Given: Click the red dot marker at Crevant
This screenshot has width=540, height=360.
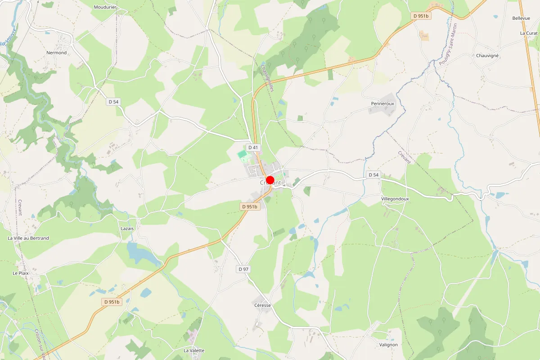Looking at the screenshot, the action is coord(270,180).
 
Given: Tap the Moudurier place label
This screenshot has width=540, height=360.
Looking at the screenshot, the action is coord(105,7).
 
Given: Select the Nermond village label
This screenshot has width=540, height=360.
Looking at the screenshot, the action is coord(57,53).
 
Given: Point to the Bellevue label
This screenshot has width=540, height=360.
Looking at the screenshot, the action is coord(521,18).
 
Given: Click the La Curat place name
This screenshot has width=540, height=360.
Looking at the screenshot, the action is coord(529,33).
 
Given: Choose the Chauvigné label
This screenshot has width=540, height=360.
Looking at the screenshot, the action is coord(487,56).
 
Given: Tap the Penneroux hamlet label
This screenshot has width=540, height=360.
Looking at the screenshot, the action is coord(382,103).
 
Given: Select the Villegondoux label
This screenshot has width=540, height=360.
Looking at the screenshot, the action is coord(395,198).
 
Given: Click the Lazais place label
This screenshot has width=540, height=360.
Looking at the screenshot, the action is coord(127,229).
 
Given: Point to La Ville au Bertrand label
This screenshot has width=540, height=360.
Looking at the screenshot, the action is coord(28,238).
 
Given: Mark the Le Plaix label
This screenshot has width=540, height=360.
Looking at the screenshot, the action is coord(21,273).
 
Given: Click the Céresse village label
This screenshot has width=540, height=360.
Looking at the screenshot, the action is coord(262,306).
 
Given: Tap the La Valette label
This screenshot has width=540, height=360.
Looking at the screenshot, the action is coord(194,351).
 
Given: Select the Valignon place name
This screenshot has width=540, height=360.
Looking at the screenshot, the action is coord(388,345).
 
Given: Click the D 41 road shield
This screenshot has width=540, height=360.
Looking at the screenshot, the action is coord(253,147).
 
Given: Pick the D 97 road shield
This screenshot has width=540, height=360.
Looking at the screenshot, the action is coord(243,269).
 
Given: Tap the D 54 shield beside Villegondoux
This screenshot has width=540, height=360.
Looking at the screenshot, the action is coord(373,175).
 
